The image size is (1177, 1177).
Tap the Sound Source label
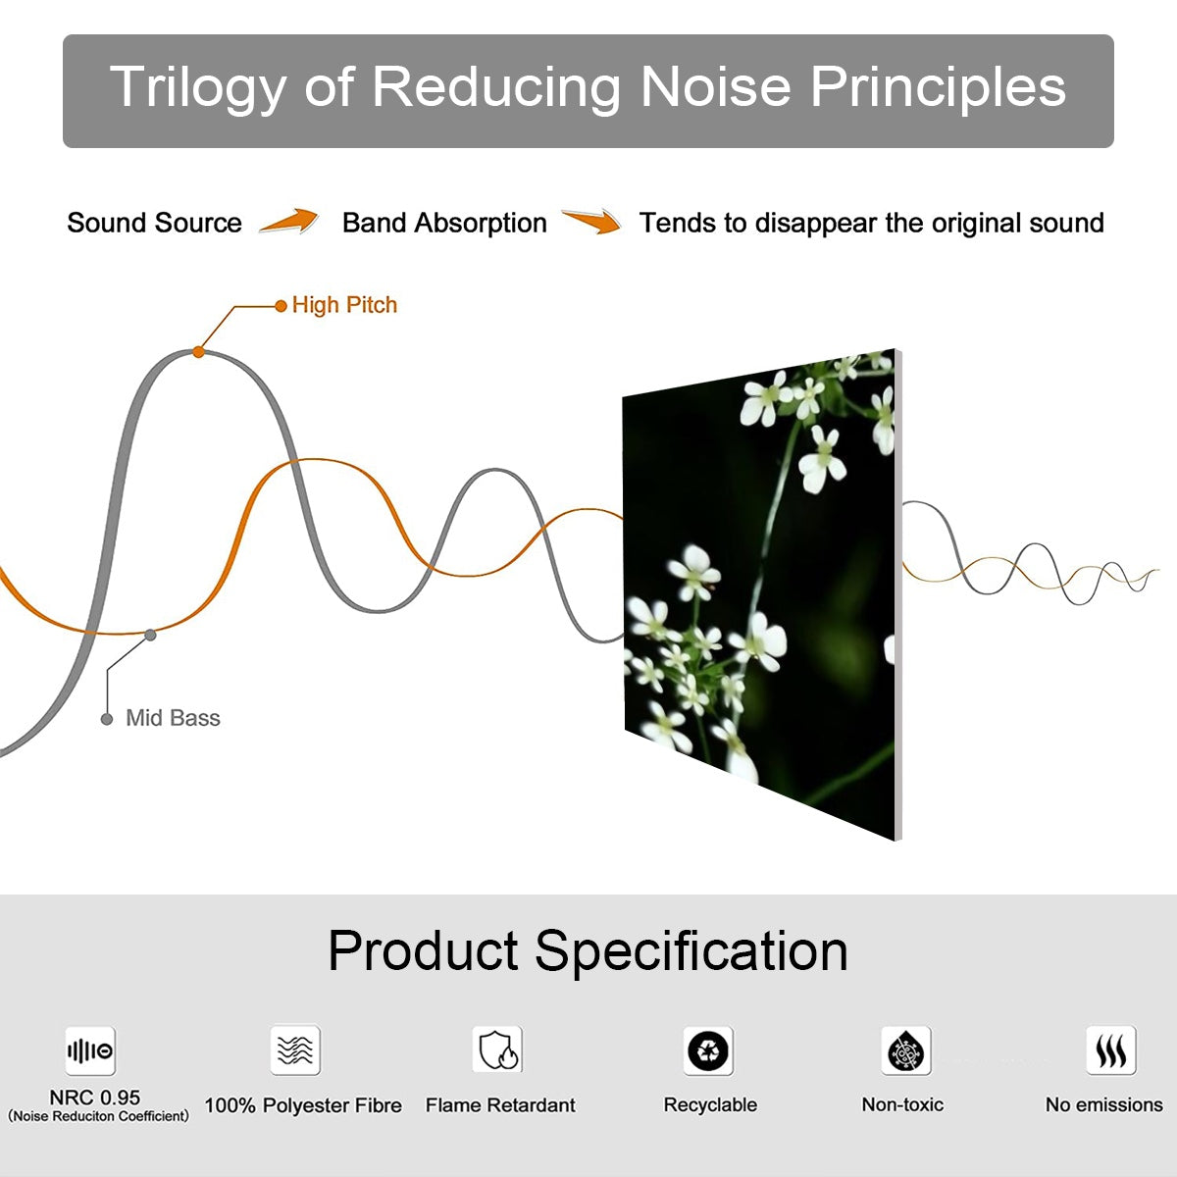pyautogui.click(x=154, y=223)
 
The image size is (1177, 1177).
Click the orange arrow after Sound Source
pyautogui.click(x=289, y=222)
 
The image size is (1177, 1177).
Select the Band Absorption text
pyautogui.click(x=444, y=223)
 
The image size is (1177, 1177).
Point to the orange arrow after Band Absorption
pyautogui.click(x=591, y=222)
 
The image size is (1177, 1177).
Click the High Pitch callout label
pyautogui.click(x=344, y=305)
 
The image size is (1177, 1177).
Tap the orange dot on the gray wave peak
pyautogui.click(x=198, y=351)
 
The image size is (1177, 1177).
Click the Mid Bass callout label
pyautogui.click(x=173, y=718)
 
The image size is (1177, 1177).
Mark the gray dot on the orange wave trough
pyautogui.click(x=150, y=635)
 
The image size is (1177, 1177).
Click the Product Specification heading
pyautogui.click(x=588, y=950)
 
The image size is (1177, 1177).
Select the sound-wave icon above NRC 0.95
pyautogui.click(x=90, y=1051)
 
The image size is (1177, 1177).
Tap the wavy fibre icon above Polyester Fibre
pyautogui.click(x=295, y=1050)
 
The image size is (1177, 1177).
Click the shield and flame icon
pyautogui.click(x=497, y=1050)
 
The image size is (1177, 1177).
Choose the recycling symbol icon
pyautogui.click(x=708, y=1050)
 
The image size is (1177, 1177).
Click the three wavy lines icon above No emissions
pyautogui.click(x=1110, y=1050)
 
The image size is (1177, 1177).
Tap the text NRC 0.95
pyautogui.click(x=95, y=1098)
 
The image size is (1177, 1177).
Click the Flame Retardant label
pyautogui.click(x=500, y=1105)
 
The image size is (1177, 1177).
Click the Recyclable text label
pyautogui.click(x=710, y=1105)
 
